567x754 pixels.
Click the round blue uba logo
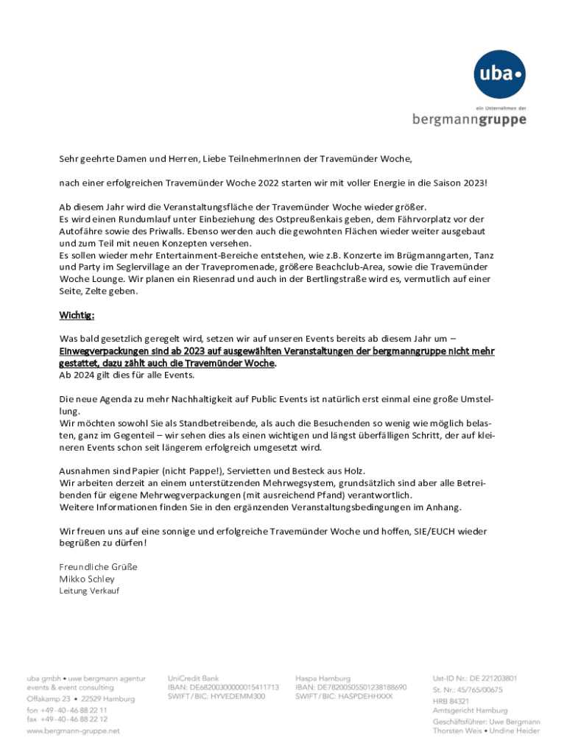pyautogui.click(x=500, y=74)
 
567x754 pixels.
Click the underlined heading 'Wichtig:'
pyautogui.click(x=77, y=316)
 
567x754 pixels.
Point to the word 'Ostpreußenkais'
pyautogui.click(x=309, y=219)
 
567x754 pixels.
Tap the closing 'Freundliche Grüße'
pyautogui.click(x=98, y=566)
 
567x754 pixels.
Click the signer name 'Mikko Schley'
pyautogui.click(x=87, y=579)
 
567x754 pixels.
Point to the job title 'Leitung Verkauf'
pyautogui.click(x=88, y=591)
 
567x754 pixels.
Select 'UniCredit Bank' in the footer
pyautogui.click(x=193, y=678)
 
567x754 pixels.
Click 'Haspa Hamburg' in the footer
pyautogui.click(x=322, y=678)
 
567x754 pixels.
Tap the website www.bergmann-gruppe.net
pyautogui.click(x=73, y=731)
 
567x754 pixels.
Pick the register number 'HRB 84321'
pyautogui.click(x=451, y=700)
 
